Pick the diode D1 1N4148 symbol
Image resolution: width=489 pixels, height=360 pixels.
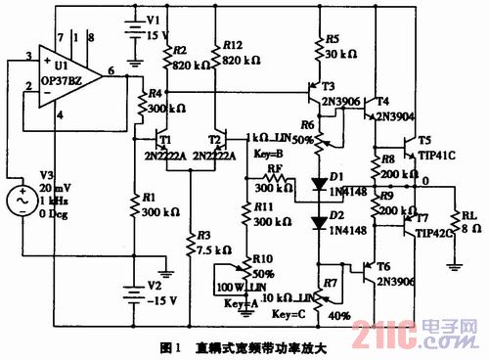pyautogui.click(x=317, y=183)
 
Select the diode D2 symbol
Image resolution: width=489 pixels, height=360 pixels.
pyautogui.click(x=317, y=222)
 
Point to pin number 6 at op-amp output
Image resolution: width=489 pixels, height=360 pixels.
pyautogui.click(x=111, y=72)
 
